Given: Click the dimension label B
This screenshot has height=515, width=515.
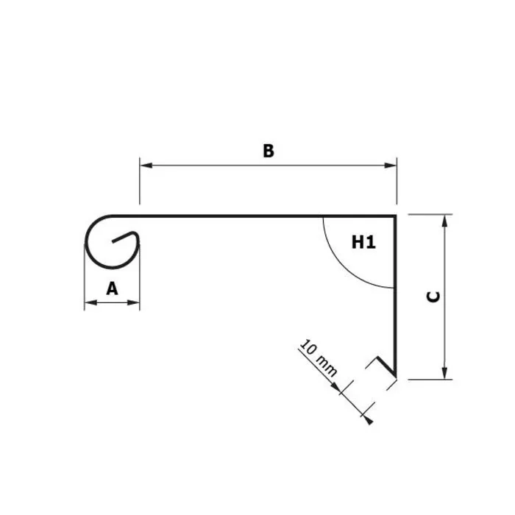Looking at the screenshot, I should pyautogui.click(x=269, y=151).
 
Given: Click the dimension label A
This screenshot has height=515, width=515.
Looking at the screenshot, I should pyautogui.click(x=112, y=289).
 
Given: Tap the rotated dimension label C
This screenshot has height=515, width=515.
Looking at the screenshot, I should pyautogui.click(x=433, y=296).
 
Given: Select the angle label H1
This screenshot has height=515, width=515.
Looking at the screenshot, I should pyautogui.click(x=363, y=241).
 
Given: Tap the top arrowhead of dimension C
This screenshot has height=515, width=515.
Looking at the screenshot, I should pyautogui.click(x=444, y=220).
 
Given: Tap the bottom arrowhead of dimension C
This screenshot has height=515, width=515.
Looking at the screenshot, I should pyautogui.click(x=444, y=374).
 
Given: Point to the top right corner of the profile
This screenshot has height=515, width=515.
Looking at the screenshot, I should pyautogui.click(x=397, y=216).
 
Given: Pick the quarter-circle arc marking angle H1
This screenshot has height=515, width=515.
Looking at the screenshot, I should pyautogui.click(x=335, y=261).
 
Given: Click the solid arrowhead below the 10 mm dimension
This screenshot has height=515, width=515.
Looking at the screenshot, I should pyautogui.click(x=370, y=420).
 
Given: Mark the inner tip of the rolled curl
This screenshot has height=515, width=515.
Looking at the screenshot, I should pyautogui.click(x=116, y=240).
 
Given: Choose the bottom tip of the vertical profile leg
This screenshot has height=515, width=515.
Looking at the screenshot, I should pyautogui.click(x=397, y=379).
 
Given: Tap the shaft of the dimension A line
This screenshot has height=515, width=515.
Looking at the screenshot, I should pyautogui.click(x=112, y=302).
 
